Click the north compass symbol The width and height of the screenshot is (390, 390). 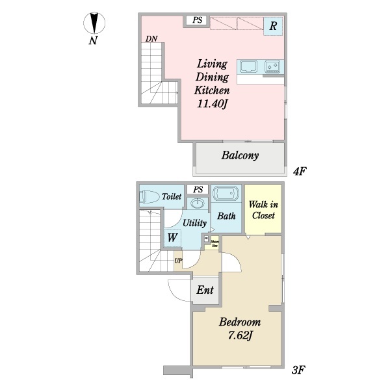click(x=95, y=23)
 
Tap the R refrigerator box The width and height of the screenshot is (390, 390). click(x=273, y=27)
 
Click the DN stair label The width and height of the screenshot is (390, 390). click(x=151, y=39)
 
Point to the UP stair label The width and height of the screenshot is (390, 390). click(x=178, y=261)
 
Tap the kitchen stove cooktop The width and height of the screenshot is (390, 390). click(x=272, y=66)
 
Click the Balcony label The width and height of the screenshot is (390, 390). click(x=240, y=155)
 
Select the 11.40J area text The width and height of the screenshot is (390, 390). click(x=211, y=103)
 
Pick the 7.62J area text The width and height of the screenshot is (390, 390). click(x=239, y=335)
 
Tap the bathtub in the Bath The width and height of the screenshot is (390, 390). click(x=226, y=195)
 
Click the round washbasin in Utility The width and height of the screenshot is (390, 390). click(x=198, y=204)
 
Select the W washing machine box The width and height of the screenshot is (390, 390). click(x=172, y=237)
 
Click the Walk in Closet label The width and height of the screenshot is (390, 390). click(x=263, y=211)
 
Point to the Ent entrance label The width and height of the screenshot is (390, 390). click(x=205, y=291)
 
